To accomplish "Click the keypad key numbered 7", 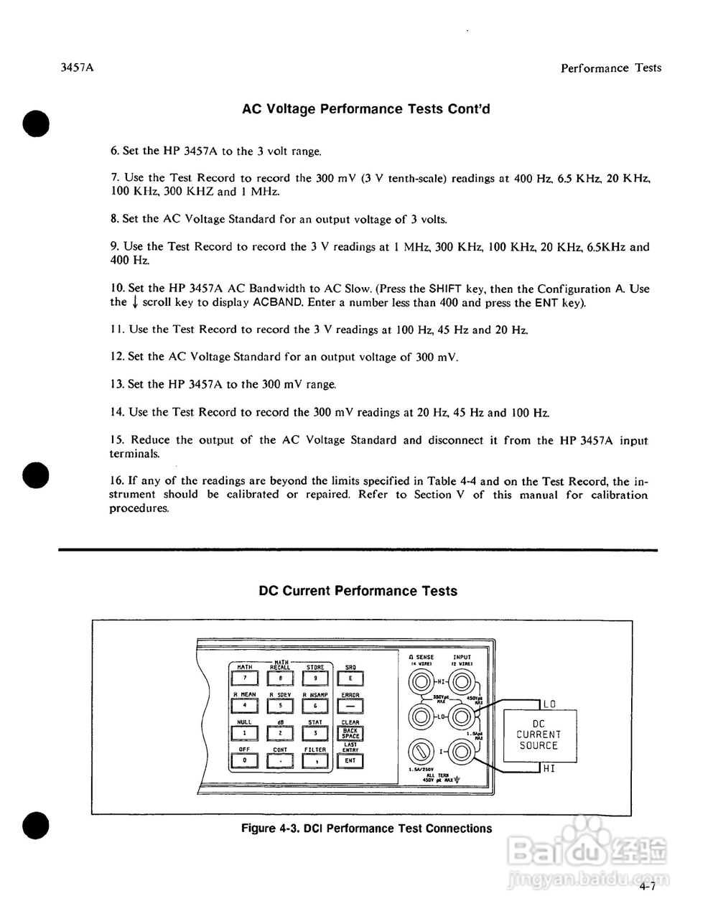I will (245, 678).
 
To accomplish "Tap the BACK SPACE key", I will (350, 733).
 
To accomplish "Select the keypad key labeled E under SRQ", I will (350, 678).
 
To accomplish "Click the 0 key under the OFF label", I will (245, 760).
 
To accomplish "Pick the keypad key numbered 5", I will (280, 706).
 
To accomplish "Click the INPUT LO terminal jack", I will (460, 716).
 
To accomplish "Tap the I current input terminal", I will (460, 752).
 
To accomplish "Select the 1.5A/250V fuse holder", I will (419, 752).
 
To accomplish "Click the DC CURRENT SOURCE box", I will (539, 735).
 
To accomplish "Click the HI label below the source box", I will (549, 770).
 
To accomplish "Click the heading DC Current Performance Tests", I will (357, 591).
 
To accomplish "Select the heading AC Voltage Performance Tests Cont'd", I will (366, 109).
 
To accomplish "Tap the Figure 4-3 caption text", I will (366, 829).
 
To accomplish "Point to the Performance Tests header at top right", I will (610, 68).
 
